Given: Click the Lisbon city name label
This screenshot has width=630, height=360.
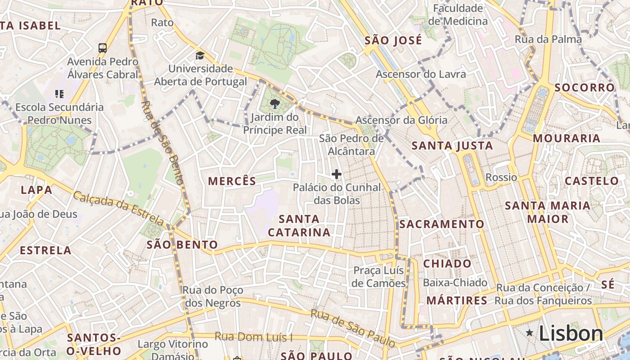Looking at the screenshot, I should tap(571, 333).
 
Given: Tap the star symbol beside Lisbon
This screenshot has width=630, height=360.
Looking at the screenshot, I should tap(530, 333).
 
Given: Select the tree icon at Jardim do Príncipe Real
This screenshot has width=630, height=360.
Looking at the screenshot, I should tap(274, 104).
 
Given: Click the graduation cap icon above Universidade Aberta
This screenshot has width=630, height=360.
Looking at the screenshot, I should tap(200, 56).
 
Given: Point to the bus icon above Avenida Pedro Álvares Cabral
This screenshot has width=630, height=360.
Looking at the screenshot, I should tap(103, 48).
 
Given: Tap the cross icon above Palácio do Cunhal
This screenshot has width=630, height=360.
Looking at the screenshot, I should tap(337, 174).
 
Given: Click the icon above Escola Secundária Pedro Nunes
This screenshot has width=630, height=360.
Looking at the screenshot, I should tap(59, 94).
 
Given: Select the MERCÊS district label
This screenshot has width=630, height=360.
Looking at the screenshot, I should tap(232, 181).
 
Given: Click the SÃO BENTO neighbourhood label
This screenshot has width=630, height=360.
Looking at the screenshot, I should tap(182, 245).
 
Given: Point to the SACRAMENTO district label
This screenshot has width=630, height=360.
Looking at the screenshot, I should tap(442, 224).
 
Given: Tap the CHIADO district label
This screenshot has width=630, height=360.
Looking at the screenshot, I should tap(447, 264).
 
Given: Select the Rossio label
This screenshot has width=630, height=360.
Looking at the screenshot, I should tap(501, 177).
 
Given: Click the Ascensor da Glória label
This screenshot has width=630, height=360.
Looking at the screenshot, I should tap(401, 120).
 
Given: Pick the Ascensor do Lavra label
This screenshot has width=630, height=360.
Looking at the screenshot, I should tap(421, 74).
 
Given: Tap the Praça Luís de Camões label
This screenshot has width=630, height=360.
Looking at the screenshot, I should tap(379, 277).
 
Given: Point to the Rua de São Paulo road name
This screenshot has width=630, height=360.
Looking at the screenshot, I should tap(354, 328).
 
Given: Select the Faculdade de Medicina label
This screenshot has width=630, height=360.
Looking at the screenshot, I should tap(458, 14).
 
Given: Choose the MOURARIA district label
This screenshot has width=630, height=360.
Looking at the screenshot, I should tap(567, 138).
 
